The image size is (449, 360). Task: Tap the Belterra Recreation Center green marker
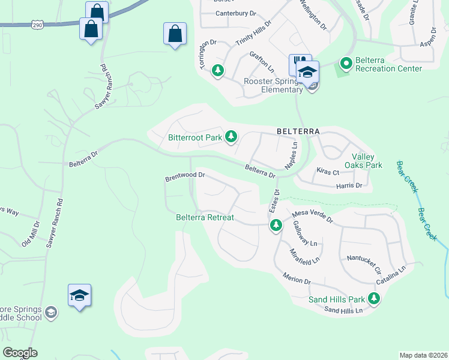[346, 62]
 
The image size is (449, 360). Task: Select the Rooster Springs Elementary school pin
[307, 73]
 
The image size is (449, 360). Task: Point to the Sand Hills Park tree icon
[375, 298]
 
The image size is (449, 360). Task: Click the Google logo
[19, 353]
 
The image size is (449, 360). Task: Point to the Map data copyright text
[423, 355]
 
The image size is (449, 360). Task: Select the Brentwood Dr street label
[185, 178]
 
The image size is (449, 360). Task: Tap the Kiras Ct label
[328, 172]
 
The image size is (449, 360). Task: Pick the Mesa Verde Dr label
[312, 217]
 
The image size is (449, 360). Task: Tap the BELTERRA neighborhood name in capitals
[298, 131]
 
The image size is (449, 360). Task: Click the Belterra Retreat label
[205, 217]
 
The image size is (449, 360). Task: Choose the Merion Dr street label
[297, 278]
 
